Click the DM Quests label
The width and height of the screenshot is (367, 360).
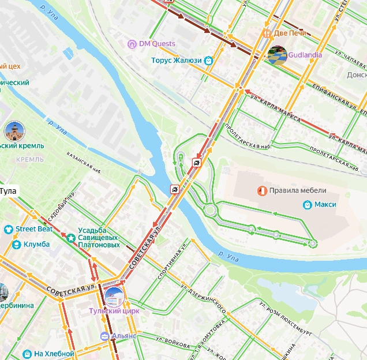point(157,44)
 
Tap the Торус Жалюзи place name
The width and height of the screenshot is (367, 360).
point(177,60)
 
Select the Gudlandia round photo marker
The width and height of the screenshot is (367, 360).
point(277,55)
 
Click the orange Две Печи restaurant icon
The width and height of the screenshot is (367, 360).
point(267,33)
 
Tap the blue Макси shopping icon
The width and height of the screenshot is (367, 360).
point(308,205)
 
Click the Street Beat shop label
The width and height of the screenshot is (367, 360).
point(34,229)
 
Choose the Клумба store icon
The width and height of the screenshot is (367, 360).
point(17,244)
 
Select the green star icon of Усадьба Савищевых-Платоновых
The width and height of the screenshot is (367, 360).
point(70,237)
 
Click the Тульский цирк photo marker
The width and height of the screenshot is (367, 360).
point(114,297)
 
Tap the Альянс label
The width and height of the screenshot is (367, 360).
point(125,336)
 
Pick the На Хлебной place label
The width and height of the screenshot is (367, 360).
point(54,354)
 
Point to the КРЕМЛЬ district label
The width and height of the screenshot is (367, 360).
point(30,159)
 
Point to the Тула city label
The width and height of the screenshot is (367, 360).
point(8,190)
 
